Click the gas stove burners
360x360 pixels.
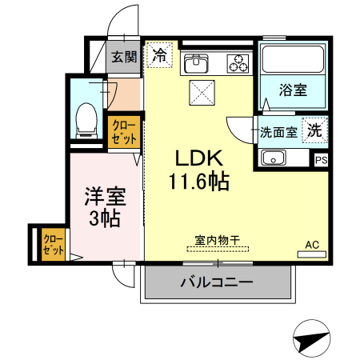coord(238,61)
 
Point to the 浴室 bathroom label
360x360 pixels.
coord(293,90)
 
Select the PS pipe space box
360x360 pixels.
coord(322,161)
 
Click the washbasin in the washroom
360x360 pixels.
coord(275,158)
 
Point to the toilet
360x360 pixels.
coord(83,119)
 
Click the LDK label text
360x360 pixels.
coord(198,158)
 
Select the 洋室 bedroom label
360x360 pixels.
coord(103,195)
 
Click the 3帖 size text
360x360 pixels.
coord(104,217)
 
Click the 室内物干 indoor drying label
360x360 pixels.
coord(218,238)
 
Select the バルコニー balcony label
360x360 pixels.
coord(216,282)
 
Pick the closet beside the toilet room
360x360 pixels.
coord(124,132)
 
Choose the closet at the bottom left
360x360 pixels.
coord(52,244)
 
